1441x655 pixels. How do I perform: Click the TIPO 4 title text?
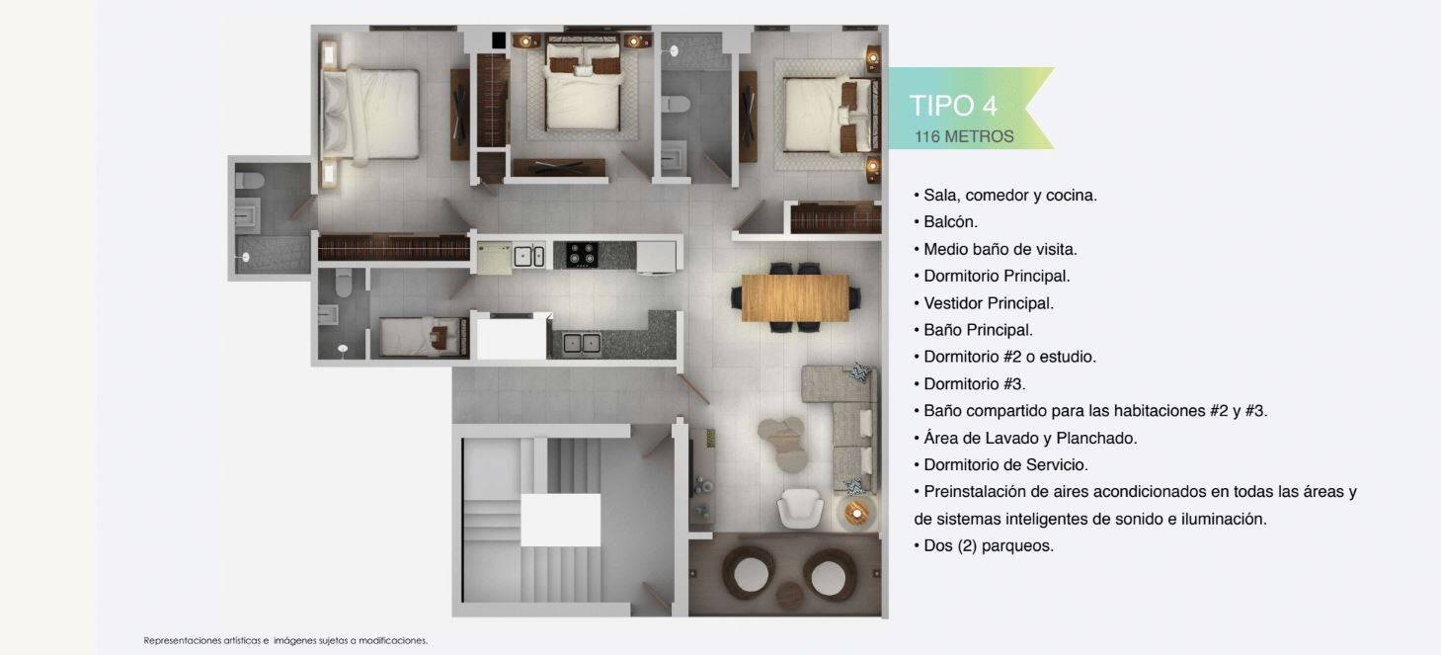(953, 106)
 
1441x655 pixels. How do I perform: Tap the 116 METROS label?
(964, 136)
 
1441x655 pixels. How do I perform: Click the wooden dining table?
(795, 297)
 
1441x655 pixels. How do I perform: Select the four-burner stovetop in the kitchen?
(582, 255)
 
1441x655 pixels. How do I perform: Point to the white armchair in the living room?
(800, 509)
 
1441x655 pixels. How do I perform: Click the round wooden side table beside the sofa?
(857, 513)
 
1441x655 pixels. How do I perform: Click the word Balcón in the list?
(950, 222)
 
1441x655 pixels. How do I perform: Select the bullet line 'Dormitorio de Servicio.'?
(1001, 464)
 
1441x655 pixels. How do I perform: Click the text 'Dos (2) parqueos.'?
(984, 545)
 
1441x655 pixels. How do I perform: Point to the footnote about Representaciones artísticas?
(285, 640)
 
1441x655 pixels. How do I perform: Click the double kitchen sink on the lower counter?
(582, 343)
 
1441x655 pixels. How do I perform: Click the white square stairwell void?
(560, 520)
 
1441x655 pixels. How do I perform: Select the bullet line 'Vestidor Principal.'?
(984, 303)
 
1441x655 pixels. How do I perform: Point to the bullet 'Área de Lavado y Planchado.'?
(1025, 438)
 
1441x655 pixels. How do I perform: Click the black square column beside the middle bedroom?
(499, 40)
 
